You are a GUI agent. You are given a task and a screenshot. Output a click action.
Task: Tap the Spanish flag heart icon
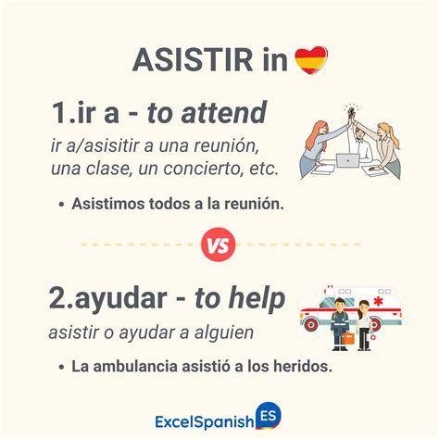pos(311,60)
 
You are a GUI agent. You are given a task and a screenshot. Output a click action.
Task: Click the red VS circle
pos(219,245)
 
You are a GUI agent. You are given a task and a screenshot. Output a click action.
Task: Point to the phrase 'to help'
pos(236,299)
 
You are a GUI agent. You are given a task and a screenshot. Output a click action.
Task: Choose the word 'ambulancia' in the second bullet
pos(133,366)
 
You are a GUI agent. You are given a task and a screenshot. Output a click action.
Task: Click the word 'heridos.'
pos(298,366)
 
